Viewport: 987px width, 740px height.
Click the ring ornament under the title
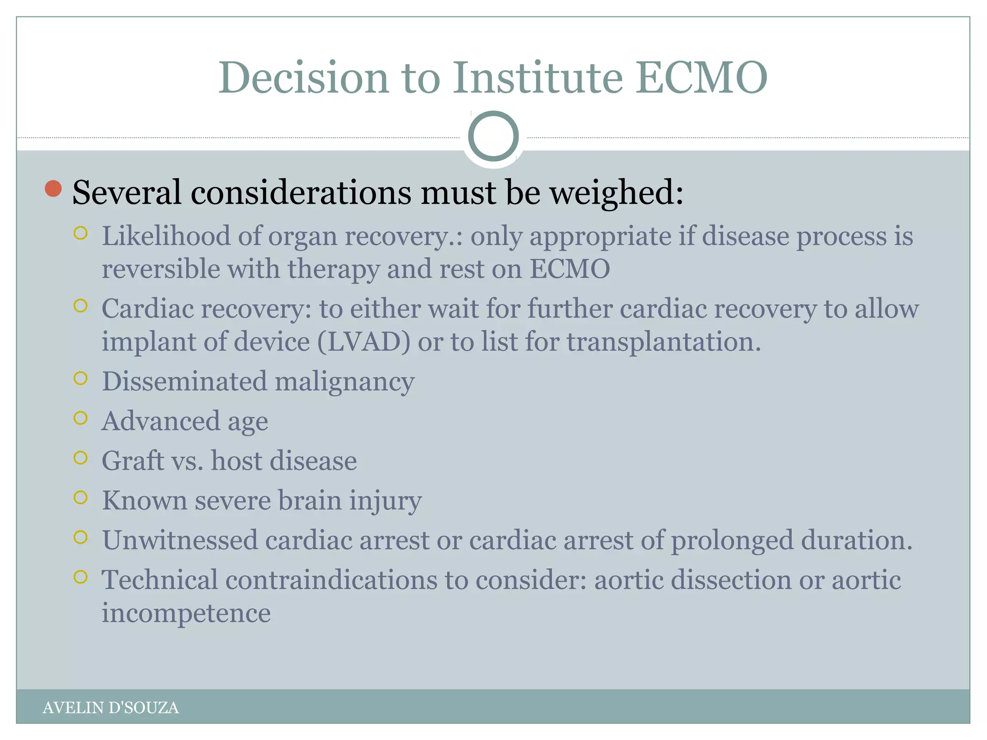pyautogui.click(x=493, y=136)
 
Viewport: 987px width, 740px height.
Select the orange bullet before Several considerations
pyautogui.click(x=53, y=189)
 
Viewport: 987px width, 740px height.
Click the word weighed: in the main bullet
pyautogui.click(x=616, y=193)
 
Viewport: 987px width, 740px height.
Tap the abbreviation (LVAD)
pyautogui.click(x=364, y=342)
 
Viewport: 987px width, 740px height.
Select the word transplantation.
pyautogui.click(x=664, y=342)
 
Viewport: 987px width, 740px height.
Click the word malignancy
pyautogui.click(x=344, y=382)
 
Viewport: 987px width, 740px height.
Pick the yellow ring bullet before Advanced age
pyautogui.click(x=80, y=418)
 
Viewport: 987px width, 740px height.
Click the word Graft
pyautogui.click(x=133, y=461)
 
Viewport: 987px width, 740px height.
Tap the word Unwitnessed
pyautogui.click(x=179, y=540)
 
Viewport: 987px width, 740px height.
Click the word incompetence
pyautogui.click(x=186, y=613)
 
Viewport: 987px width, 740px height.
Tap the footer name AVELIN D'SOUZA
pyautogui.click(x=110, y=708)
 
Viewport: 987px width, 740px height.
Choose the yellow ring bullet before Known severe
pyautogui.click(x=80, y=497)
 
